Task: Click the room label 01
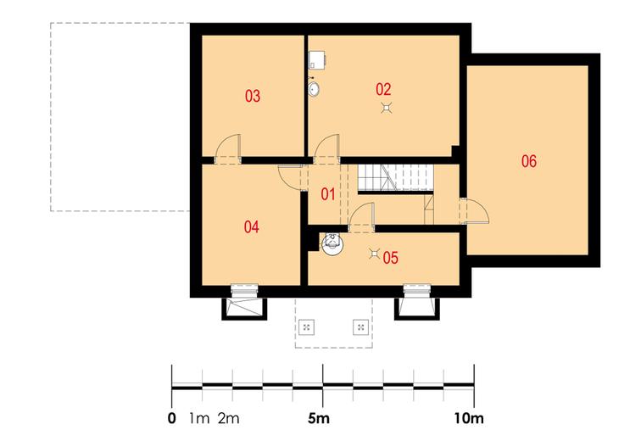click(328, 194)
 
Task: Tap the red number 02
click(383, 89)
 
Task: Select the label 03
click(253, 96)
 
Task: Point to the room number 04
click(252, 226)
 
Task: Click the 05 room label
click(390, 258)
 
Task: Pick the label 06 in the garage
click(528, 161)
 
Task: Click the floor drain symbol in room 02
click(387, 108)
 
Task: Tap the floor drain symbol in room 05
click(375, 254)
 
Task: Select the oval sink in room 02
click(314, 89)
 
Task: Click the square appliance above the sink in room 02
click(317, 59)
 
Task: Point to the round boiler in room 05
click(332, 244)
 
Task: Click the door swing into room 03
click(228, 148)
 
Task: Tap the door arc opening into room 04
click(289, 177)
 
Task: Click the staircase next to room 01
click(395, 178)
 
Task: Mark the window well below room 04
click(244, 309)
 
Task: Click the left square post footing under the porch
click(306, 327)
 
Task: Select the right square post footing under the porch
click(361, 327)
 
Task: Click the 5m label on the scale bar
click(319, 418)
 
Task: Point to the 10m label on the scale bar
click(469, 418)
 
